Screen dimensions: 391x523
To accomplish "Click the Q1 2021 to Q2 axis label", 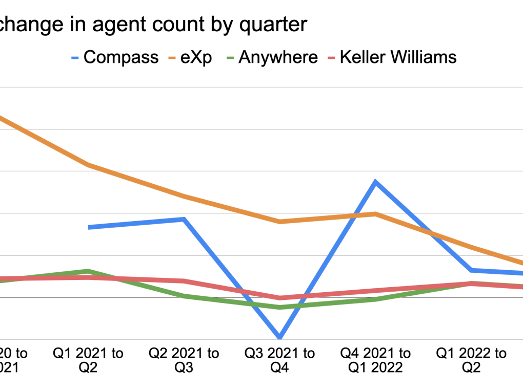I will click(89, 360).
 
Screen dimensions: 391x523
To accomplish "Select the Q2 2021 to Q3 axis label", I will click(184, 360).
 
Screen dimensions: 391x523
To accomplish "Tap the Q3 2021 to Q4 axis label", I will click(280, 360).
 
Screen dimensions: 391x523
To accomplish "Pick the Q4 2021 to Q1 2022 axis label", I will click(376, 360).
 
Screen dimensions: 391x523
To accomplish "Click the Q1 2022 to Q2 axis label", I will click(471, 360).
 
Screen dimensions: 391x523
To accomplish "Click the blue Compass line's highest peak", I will click(375, 182).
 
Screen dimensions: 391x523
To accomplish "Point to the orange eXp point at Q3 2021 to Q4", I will click(280, 222).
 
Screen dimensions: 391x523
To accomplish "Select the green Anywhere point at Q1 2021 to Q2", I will click(89, 271).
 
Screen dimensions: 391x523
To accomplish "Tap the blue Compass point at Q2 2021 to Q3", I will click(184, 220).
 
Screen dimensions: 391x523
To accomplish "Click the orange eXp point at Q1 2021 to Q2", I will click(89, 165).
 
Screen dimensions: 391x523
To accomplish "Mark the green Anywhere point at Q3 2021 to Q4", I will click(280, 307).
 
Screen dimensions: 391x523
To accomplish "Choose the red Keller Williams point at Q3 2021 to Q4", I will click(280, 298).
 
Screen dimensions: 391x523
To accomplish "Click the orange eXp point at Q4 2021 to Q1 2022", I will click(375, 214).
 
